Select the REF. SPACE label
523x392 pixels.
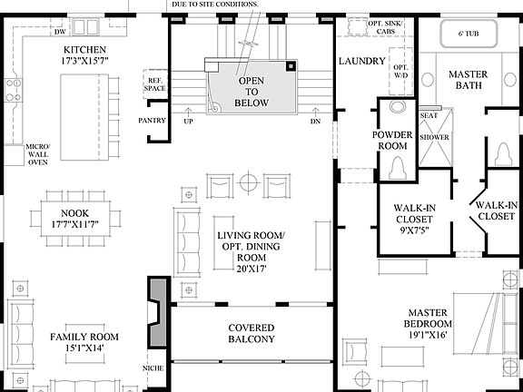coord(155,85)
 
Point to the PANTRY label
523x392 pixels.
coord(151,119)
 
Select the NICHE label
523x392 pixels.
coord(153,368)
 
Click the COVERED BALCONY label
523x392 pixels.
coord(251,333)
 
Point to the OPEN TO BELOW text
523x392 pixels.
coord(251,92)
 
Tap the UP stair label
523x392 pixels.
coord(188,121)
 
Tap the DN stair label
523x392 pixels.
coord(315,121)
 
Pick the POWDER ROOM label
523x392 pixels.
coord(393,141)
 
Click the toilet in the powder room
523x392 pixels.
coord(397,169)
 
